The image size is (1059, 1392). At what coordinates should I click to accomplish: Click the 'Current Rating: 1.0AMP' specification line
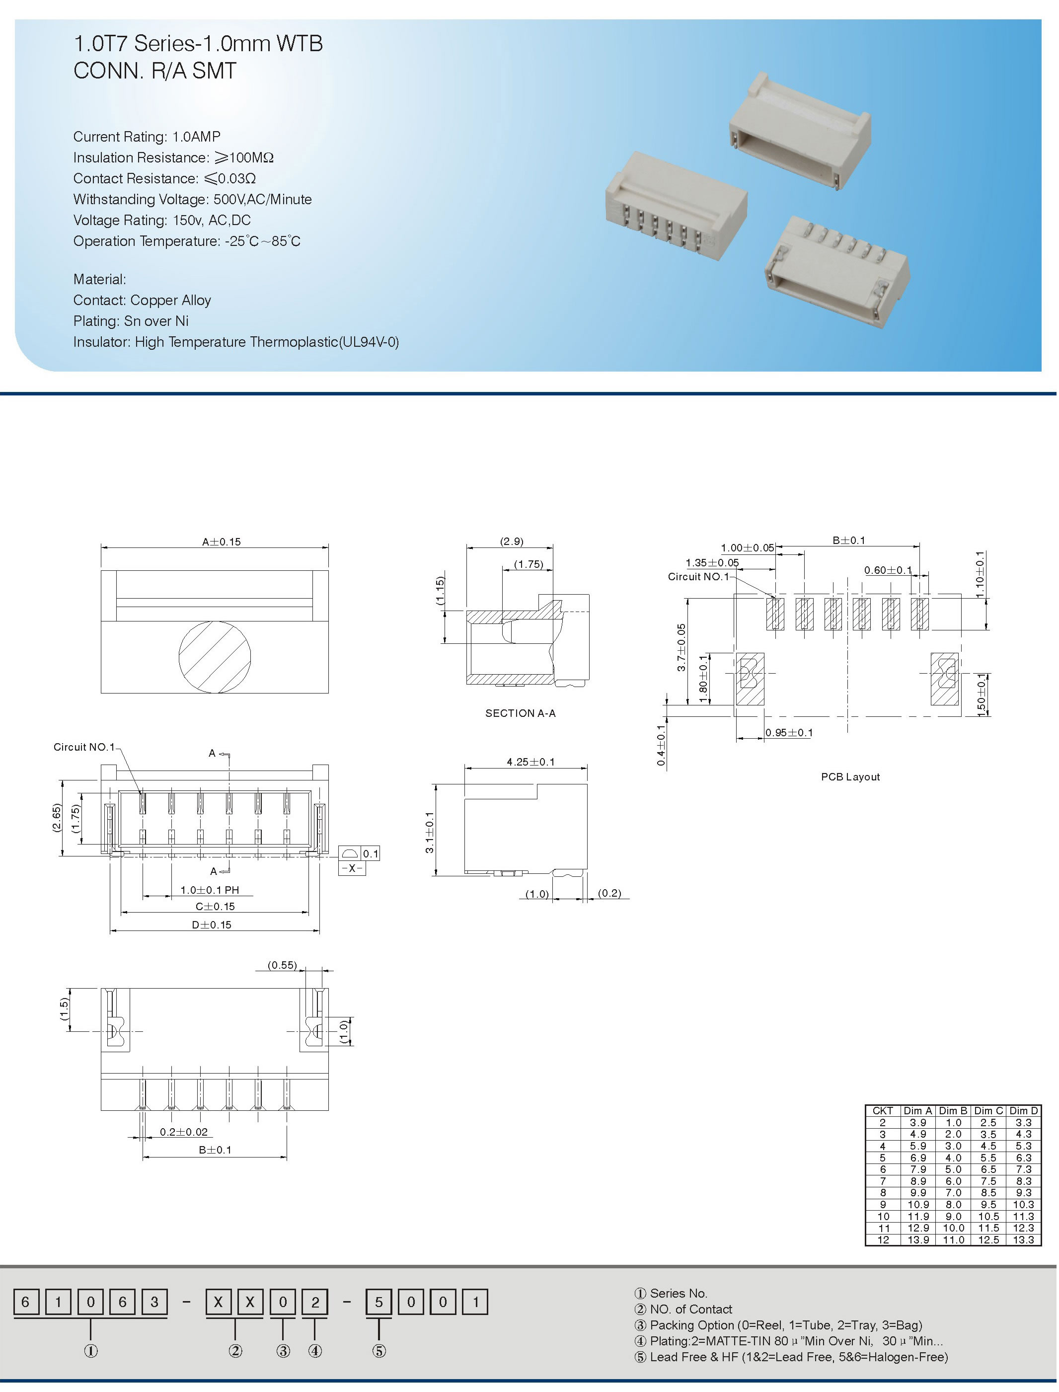tap(147, 137)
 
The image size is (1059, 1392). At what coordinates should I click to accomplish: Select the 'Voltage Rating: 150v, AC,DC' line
tap(162, 220)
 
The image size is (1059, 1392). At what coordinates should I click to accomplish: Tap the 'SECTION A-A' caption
tap(520, 713)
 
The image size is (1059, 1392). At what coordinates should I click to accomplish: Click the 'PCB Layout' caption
tap(850, 776)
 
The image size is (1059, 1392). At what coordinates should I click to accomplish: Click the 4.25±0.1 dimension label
tap(531, 762)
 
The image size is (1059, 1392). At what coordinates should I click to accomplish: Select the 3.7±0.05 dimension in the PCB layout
tap(681, 647)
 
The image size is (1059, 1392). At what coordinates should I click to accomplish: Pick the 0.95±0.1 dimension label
tap(789, 733)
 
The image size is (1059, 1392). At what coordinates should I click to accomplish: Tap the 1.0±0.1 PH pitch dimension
tap(210, 890)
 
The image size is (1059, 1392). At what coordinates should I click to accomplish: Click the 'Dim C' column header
tap(988, 1111)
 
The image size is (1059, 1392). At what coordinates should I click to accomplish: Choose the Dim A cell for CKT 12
tap(918, 1240)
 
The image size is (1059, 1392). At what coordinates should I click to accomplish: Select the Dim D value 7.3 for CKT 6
tap(1023, 1169)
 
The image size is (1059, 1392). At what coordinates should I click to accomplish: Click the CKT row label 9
tap(883, 1205)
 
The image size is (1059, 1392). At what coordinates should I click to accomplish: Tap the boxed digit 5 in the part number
tap(379, 1302)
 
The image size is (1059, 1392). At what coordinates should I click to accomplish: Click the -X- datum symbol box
tap(352, 868)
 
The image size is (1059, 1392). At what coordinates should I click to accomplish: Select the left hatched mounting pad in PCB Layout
tap(750, 679)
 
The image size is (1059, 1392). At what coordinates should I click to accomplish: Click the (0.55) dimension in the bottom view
tap(282, 965)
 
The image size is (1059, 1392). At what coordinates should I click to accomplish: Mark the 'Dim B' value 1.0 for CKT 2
tap(953, 1123)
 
